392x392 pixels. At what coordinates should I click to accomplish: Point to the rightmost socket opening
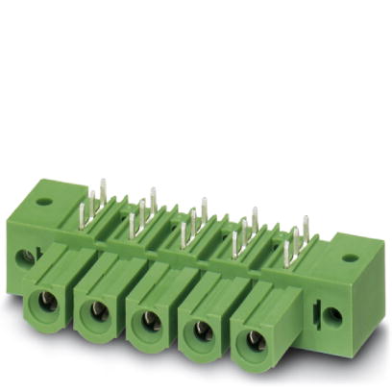pyautogui.click(x=254, y=341)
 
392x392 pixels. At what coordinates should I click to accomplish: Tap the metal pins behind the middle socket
pyautogui.click(x=192, y=223)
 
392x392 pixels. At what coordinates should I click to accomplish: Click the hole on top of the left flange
pyautogui.click(x=42, y=202)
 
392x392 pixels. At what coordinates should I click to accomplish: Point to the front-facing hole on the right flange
pyautogui.click(x=333, y=314)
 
